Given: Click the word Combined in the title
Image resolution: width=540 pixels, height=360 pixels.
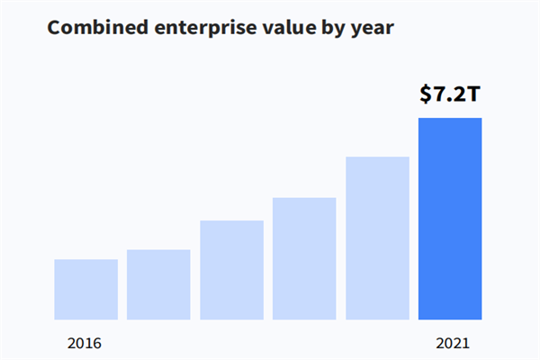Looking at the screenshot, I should pyautogui.click(x=91, y=28).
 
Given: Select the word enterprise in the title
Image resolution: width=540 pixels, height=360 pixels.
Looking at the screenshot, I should pyautogui.click(x=193, y=28).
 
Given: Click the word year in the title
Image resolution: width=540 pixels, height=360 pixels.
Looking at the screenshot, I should pyautogui.click(x=373, y=28).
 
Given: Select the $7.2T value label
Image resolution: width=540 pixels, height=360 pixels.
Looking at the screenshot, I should pyautogui.click(x=450, y=94).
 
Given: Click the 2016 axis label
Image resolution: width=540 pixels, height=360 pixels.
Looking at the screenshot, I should pyautogui.click(x=85, y=343).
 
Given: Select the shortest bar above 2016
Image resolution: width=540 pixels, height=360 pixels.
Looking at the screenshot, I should pyautogui.click(x=85, y=289).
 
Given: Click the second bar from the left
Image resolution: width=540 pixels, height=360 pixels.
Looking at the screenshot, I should pyautogui.click(x=158, y=284).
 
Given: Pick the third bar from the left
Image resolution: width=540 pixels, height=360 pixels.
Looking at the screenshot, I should pyautogui.click(x=231, y=270).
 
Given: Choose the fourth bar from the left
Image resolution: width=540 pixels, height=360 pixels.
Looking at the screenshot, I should pyautogui.click(x=304, y=258).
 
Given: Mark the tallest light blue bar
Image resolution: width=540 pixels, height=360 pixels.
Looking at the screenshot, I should pyautogui.click(x=377, y=238).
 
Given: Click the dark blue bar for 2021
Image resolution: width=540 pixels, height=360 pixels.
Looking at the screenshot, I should pyautogui.click(x=450, y=219).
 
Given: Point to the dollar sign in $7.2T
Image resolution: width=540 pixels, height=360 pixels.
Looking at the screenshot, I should pyautogui.click(x=426, y=94).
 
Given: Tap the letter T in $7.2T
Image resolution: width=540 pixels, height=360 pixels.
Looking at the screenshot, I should pyautogui.click(x=473, y=94).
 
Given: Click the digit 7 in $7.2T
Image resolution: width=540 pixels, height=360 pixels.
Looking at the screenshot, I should pyautogui.click(x=440, y=94).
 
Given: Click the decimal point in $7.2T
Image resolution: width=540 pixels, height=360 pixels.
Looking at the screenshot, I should pyautogui.click(x=450, y=101).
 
